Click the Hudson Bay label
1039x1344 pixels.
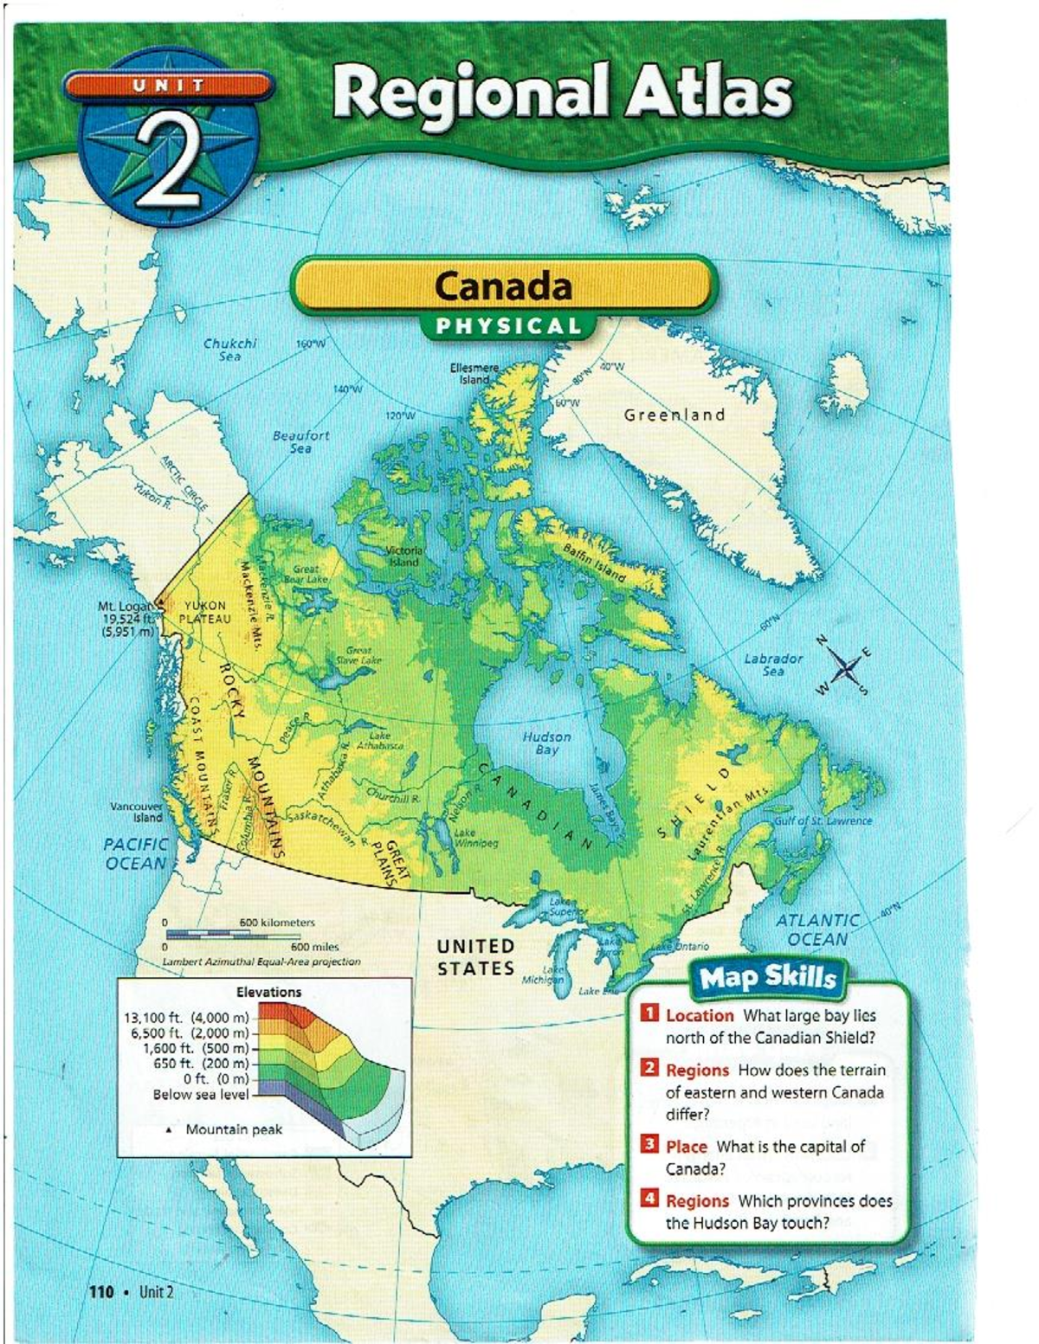click(546, 743)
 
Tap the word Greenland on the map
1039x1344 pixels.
click(674, 415)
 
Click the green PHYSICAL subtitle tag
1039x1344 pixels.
click(508, 326)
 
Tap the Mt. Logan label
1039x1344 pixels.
click(127, 607)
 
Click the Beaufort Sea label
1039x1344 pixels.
click(300, 441)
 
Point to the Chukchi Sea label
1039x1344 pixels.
click(229, 349)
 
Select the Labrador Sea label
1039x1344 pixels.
click(773, 664)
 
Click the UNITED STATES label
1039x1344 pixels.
click(475, 957)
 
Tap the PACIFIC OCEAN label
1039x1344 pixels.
click(135, 852)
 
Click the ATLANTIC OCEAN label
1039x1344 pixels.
click(816, 929)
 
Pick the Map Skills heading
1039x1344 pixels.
click(767, 977)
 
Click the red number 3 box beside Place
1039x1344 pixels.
click(649, 1144)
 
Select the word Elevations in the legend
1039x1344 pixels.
click(268, 992)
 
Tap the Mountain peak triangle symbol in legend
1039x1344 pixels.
click(170, 1130)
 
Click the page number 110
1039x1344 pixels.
click(101, 1292)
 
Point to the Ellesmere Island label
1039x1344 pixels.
click(474, 373)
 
